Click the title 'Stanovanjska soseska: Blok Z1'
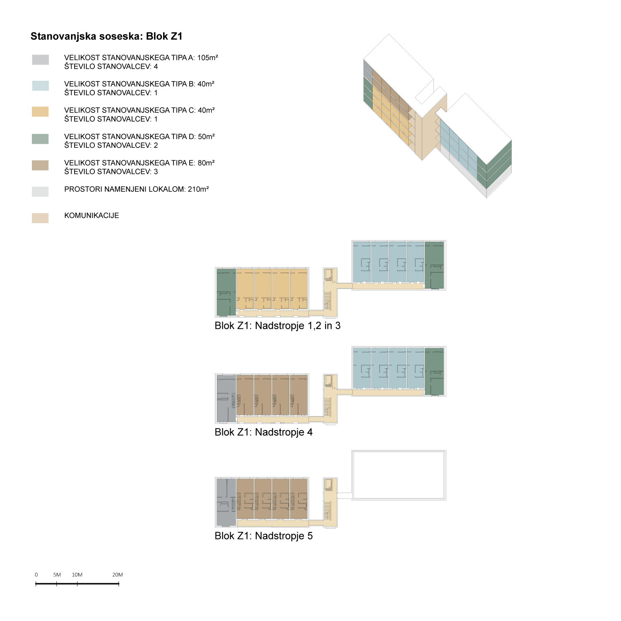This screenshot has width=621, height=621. tap(106, 36)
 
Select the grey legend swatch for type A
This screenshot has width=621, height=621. tap(41, 60)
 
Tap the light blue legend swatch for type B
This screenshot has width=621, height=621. tap(41, 86)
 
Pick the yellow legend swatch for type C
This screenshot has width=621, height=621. tap(40, 112)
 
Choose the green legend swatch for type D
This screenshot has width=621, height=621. tap(40, 139)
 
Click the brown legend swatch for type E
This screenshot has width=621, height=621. tap(40, 165)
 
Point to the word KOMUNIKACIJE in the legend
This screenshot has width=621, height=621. tap(91, 216)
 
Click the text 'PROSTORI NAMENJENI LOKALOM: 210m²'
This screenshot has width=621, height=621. tap(137, 189)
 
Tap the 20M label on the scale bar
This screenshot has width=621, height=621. tap(118, 575)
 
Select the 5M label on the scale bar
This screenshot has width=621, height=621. tap(57, 575)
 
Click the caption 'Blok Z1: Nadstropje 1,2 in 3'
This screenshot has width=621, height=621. tap(277, 326)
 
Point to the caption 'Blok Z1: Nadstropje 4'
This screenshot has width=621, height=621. tap(264, 432)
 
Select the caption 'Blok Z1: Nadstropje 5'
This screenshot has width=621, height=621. tap(264, 536)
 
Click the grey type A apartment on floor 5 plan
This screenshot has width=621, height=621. tap(226, 502)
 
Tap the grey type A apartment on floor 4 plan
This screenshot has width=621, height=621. tap(226, 398)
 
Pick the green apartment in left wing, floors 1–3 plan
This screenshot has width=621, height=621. tap(226, 292)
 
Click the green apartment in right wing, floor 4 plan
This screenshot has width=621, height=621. tap(434, 371)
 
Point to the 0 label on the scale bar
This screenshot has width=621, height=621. tap(36, 575)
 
